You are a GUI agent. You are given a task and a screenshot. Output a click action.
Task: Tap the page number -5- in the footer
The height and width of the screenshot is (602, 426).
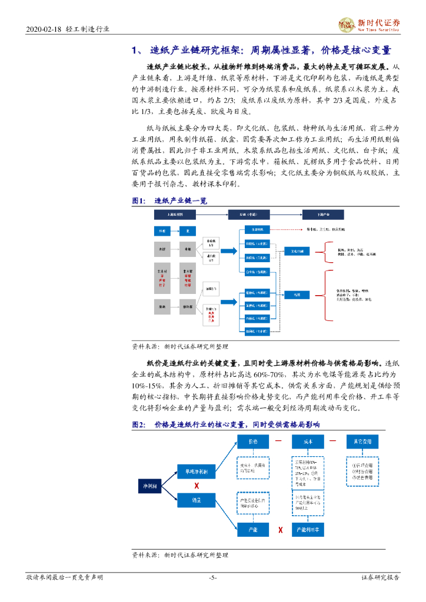213,577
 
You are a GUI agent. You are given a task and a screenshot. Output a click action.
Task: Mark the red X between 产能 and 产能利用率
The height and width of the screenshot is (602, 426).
280,530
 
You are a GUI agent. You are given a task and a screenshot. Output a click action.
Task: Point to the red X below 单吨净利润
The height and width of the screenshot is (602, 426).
197,486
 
